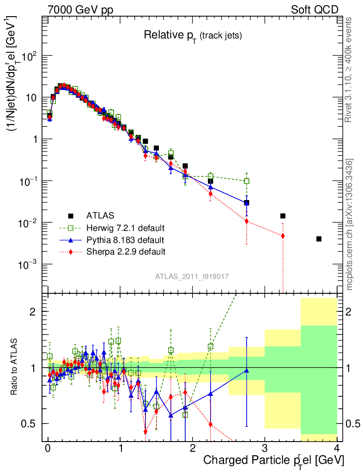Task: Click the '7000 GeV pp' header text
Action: tap(80, 10)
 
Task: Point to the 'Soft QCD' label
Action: tap(315, 10)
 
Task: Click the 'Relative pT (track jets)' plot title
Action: tap(193, 35)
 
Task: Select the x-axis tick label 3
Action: tap(265, 449)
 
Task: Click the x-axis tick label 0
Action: tap(48, 449)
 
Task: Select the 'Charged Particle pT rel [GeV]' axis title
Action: tap(273, 461)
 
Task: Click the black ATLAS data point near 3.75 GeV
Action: tap(319, 239)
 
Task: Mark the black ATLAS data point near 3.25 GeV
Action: tap(283, 216)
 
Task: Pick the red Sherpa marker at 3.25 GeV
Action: tap(283, 236)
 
